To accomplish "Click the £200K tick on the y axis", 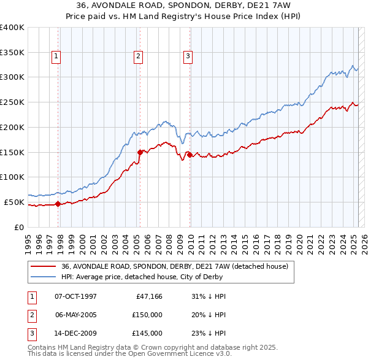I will click(12, 127).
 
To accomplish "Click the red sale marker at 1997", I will click(58, 204).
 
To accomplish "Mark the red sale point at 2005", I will click(140, 152).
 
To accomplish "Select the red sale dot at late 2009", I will click(190, 155).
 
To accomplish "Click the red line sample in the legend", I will click(44, 266).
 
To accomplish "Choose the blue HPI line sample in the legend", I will click(44, 277).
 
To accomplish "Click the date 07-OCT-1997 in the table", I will click(76, 296).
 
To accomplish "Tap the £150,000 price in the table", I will click(147, 315).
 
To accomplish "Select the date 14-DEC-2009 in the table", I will click(76, 333).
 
